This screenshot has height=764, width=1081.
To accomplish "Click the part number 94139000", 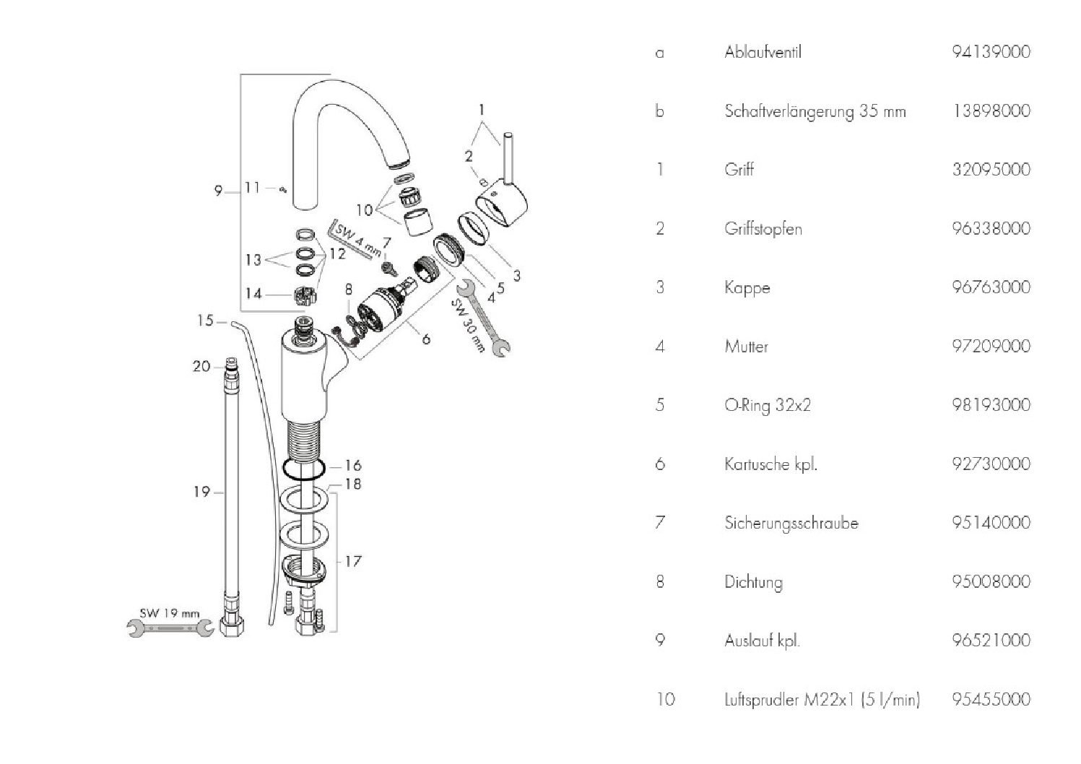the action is coord(991,52).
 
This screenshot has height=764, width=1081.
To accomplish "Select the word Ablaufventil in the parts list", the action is coord(763,52).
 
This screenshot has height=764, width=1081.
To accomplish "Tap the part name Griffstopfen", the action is coord(763,229).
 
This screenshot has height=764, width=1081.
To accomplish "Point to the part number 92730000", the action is coord(991,464).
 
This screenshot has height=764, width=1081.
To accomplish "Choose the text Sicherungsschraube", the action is coord(791,523).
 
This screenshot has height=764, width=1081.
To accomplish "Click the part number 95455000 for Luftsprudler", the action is coord(991,699).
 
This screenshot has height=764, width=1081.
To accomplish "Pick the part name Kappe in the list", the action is coord(747,287).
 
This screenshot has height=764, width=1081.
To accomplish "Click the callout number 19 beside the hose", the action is coord(201,492).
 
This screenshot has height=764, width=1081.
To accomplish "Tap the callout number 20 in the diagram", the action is coord(201,366).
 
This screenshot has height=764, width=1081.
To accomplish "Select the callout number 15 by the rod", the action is coord(205,320).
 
